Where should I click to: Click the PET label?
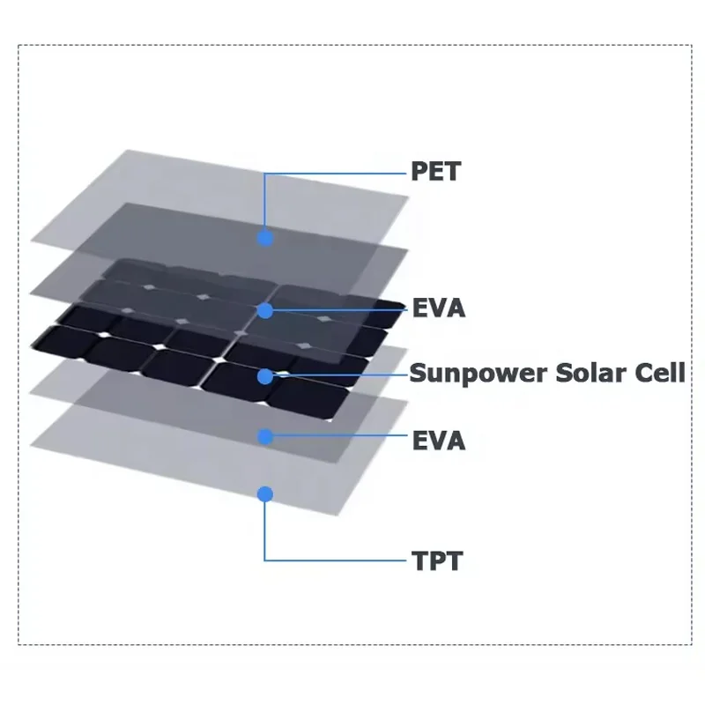(x=435, y=171)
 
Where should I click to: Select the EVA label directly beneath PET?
(x=438, y=309)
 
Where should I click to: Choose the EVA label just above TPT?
(x=438, y=440)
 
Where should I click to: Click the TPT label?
(x=436, y=560)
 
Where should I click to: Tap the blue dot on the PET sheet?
(x=265, y=237)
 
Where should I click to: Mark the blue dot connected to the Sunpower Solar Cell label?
(x=265, y=376)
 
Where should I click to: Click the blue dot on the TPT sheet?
(x=265, y=493)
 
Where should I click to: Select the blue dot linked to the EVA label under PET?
(x=265, y=310)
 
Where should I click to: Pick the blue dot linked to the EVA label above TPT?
(x=265, y=436)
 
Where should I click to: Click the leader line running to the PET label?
(x=335, y=173)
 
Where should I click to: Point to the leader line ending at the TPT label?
(x=335, y=560)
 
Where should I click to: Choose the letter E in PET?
(x=435, y=171)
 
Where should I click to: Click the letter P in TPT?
(x=437, y=560)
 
